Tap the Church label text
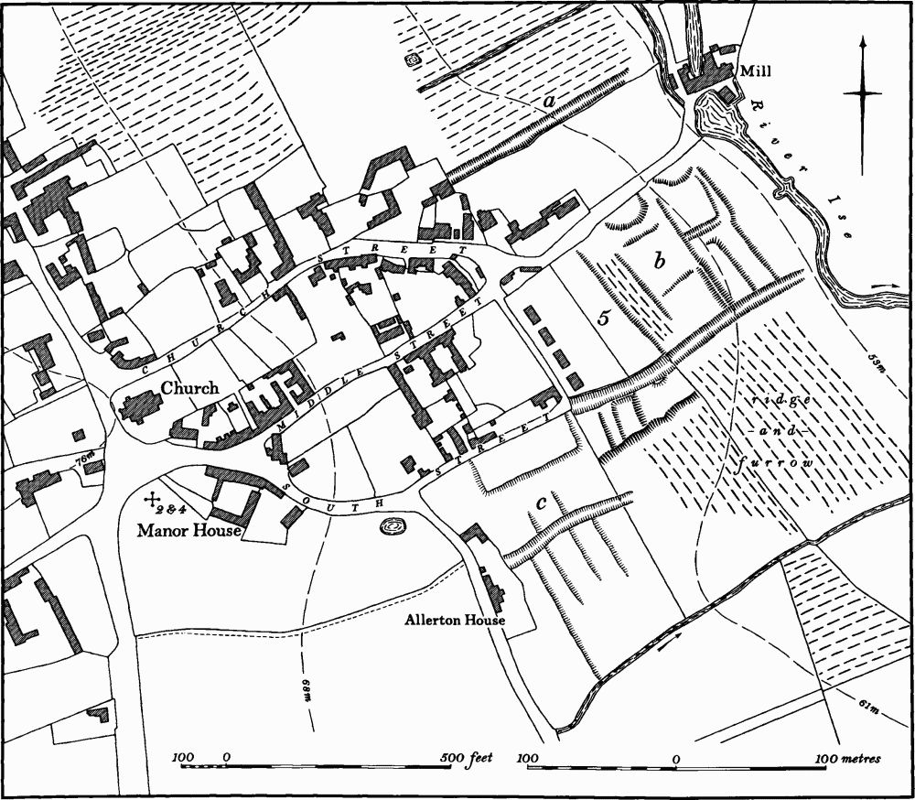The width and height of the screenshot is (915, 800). (x=189, y=388)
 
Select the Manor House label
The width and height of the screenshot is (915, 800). (x=188, y=530)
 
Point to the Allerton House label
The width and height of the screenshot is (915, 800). (x=456, y=620)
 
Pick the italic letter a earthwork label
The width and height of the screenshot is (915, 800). (x=550, y=102)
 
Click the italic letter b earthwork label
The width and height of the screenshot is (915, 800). (x=658, y=261)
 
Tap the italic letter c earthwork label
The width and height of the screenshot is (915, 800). (x=542, y=502)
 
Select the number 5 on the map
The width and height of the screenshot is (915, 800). (x=603, y=319)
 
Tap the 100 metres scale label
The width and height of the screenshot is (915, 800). (x=850, y=759)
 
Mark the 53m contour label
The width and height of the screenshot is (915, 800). (x=878, y=363)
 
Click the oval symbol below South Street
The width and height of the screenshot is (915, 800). (x=393, y=527)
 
